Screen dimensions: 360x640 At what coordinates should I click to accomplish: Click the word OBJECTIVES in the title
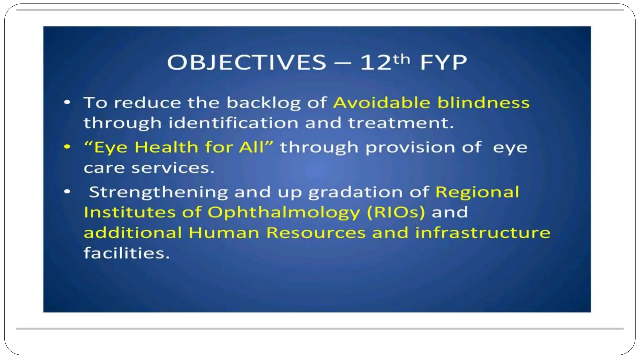pyautogui.click(x=247, y=62)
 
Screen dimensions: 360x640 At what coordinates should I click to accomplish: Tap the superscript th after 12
pyautogui.click(x=401, y=59)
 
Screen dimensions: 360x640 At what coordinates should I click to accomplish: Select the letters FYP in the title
pyautogui.click(x=443, y=62)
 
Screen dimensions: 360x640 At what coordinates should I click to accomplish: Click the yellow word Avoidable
pyautogui.click(x=382, y=102)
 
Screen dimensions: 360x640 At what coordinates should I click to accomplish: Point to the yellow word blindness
pyautogui.click(x=483, y=102)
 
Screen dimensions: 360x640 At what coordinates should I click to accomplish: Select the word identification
pyautogui.click(x=233, y=123)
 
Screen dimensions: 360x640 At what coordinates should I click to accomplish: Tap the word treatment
pyautogui.click(x=401, y=123)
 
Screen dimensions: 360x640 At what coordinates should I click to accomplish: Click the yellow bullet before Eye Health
pyautogui.click(x=67, y=147)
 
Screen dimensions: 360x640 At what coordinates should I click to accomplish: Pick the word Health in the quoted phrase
pyautogui.click(x=166, y=147)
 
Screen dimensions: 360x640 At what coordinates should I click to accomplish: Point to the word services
pyautogui.click(x=172, y=168)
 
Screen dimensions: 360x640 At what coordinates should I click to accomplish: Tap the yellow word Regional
pyautogui.click(x=477, y=192)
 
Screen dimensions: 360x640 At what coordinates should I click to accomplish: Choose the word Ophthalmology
pyautogui.click(x=284, y=213)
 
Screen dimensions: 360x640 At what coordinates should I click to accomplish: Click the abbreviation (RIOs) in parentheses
pyautogui.click(x=396, y=212)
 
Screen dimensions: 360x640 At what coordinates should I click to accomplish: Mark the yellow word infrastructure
pyautogui.click(x=482, y=232)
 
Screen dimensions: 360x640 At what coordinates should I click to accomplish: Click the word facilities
pyautogui.click(x=127, y=253)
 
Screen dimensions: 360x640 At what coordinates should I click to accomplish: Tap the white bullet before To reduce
pyautogui.click(x=67, y=102)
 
